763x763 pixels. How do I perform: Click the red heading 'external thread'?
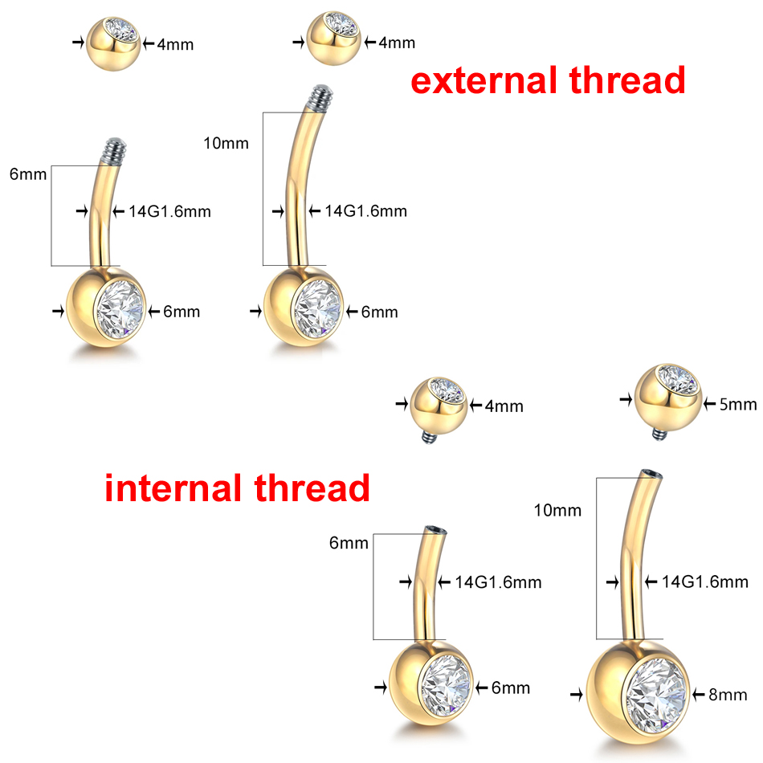548,80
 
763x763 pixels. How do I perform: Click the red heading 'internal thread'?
237,488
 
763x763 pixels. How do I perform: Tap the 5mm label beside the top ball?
737,404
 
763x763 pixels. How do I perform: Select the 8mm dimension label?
728,695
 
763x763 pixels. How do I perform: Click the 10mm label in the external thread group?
226,143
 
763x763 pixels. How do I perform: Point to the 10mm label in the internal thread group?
557,510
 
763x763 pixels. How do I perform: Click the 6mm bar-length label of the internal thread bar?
349,543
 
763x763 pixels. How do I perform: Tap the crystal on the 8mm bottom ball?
656,696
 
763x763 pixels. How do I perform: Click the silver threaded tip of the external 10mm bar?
321,98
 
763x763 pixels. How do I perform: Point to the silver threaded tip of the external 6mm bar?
114,150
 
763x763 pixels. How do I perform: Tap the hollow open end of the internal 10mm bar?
651,475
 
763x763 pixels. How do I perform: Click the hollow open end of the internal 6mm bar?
435,530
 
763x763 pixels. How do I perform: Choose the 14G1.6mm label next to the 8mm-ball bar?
704,581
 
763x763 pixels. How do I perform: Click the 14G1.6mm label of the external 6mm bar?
169,212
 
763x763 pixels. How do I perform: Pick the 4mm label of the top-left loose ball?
175,45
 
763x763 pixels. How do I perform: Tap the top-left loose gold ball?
113,44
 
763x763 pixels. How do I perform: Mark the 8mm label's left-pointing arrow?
699,695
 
